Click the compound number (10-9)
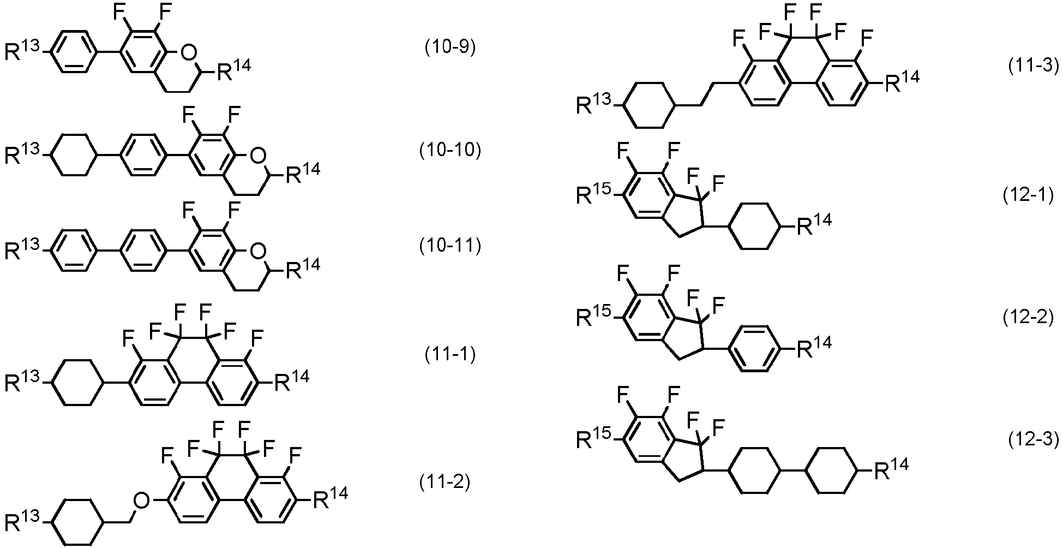[x=450, y=48]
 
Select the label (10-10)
[x=450, y=150]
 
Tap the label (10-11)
[x=450, y=247]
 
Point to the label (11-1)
[x=450, y=355]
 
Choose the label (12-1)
[x=1028, y=195]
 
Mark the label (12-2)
[x=1028, y=318]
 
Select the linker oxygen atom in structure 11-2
[x=142, y=499]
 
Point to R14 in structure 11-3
[x=901, y=81]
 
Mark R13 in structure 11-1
[x=23, y=380]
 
